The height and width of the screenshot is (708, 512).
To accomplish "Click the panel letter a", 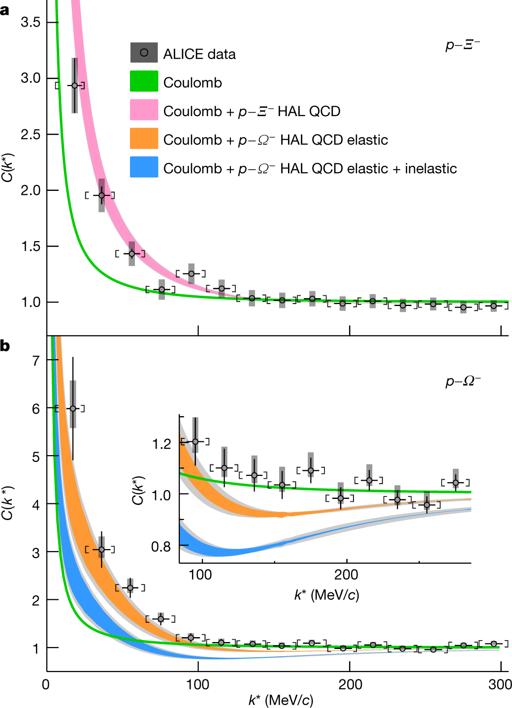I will point(5,9).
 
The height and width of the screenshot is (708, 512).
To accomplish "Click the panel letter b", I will point(5,346).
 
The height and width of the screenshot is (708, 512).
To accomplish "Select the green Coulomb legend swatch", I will point(144,82).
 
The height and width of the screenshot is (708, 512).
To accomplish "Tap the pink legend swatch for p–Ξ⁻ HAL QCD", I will point(144,110).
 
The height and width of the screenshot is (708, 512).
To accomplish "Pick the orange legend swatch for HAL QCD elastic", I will point(144,139).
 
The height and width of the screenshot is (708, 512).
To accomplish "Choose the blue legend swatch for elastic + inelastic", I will point(144,167).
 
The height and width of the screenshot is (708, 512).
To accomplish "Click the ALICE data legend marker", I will point(144,53).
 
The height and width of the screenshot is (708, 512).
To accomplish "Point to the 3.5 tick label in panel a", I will point(31,22).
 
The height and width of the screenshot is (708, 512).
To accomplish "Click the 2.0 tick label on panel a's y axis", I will point(31,191).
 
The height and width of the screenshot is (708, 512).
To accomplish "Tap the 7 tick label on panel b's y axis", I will point(36,361).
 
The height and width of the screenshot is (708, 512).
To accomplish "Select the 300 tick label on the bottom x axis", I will point(500,684).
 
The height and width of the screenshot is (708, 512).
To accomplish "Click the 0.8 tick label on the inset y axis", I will point(161,546).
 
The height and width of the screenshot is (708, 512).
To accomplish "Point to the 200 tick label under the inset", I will point(346,574).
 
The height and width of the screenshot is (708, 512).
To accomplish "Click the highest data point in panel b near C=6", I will point(73,408).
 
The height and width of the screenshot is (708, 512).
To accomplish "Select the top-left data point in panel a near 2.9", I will point(74,86).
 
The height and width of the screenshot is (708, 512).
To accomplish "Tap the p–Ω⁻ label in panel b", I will point(463,381).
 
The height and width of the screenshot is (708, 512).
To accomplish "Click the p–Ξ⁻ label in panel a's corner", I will point(462,45).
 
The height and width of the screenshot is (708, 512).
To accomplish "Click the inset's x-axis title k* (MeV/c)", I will point(326,595).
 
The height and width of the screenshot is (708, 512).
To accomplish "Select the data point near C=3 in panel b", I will point(101,550).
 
